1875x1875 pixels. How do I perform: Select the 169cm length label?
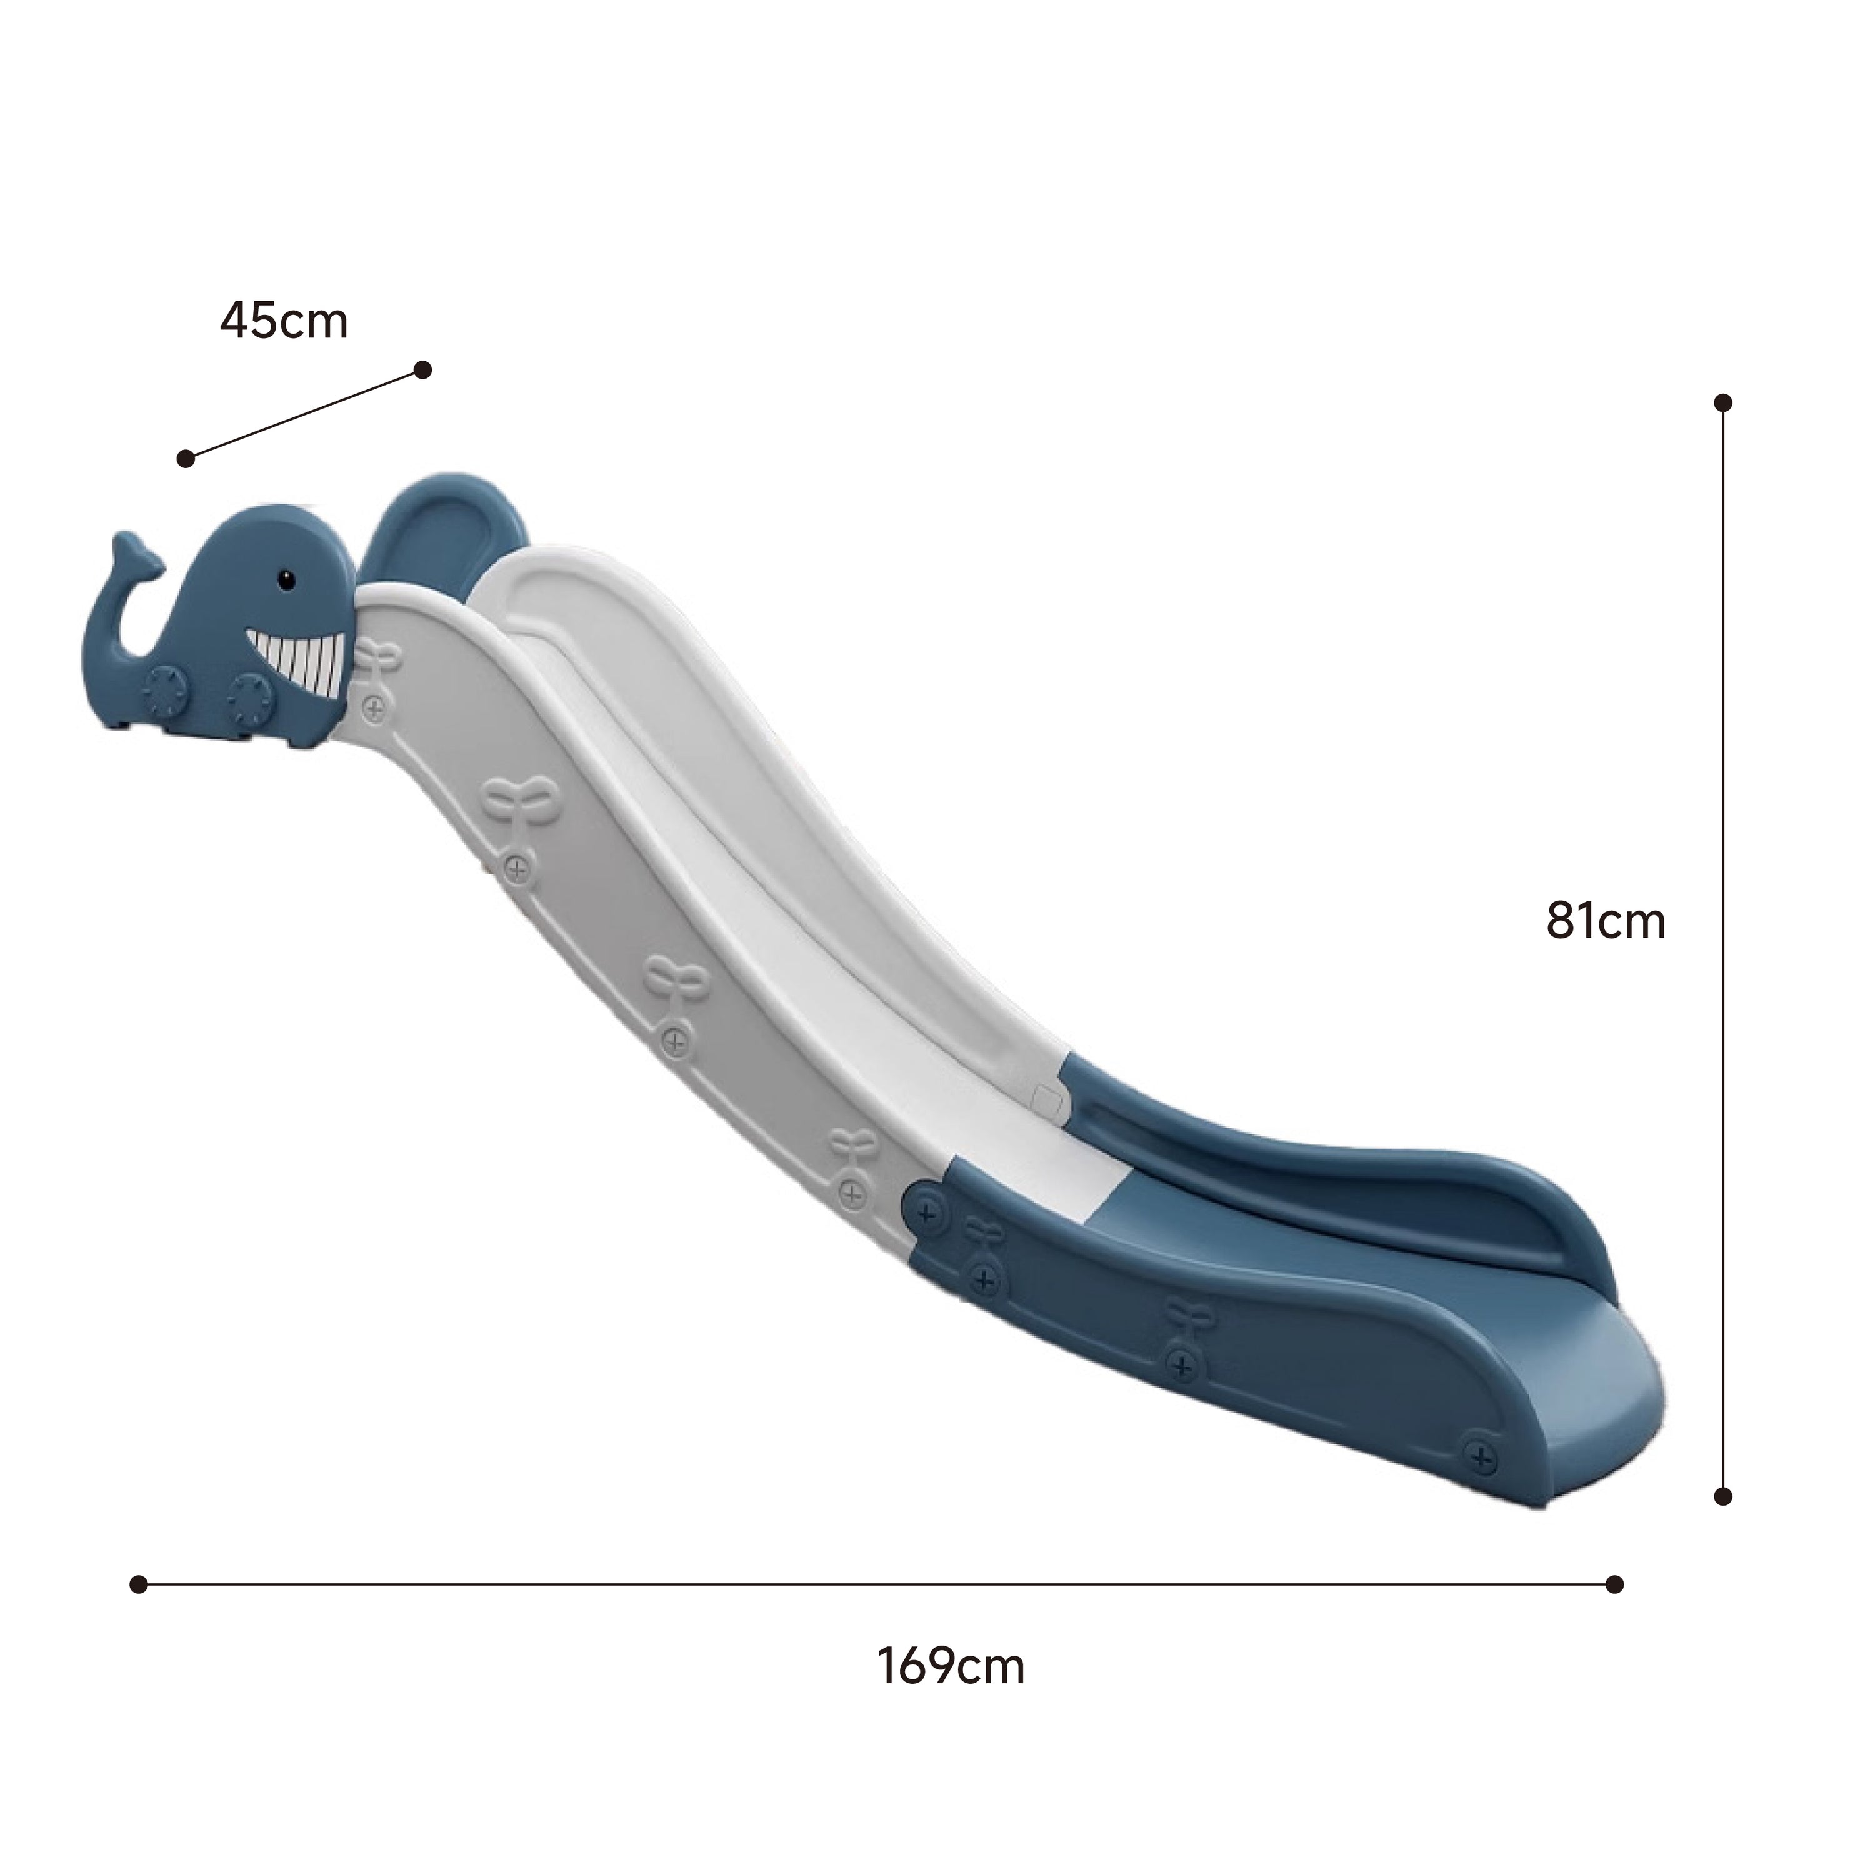coord(951,1666)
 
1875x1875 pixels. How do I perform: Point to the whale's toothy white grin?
coord(297,661)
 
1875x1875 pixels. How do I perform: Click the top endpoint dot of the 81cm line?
coord(1724,402)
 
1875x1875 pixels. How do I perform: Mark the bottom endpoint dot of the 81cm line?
coord(1724,1524)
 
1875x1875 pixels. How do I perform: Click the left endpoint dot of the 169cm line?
coord(139,1584)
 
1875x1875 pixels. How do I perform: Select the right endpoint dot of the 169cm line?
coord(1615,1584)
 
